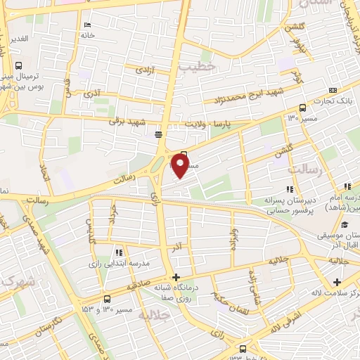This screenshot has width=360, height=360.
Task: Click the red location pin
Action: coord(180,166)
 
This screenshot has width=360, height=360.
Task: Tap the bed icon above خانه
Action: coord(87,25)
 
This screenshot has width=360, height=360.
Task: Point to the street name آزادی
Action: coord(146,70)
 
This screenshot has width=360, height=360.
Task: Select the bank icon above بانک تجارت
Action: coord(332,90)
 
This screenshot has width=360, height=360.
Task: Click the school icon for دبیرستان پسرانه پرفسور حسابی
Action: coord(289,188)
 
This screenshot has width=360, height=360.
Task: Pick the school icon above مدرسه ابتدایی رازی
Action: coord(119,252)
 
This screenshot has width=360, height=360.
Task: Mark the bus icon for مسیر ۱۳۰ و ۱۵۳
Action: coord(106,297)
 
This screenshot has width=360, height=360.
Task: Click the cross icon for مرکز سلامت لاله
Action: coord(336,282)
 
